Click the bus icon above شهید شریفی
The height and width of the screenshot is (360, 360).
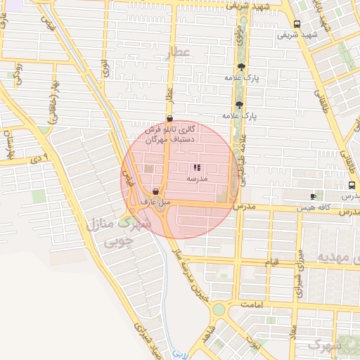[x=297, y=23]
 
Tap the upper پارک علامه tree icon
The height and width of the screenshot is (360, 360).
[x=241, y=67]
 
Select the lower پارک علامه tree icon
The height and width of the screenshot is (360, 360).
[x=240, y=105]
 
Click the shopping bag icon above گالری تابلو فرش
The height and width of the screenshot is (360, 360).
[x=169, y=118]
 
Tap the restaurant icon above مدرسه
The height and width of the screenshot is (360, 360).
[x=195, y=167]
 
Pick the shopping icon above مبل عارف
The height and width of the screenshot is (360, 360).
[x=155, y=191]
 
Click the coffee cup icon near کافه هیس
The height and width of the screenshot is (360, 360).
[x=313, y=196]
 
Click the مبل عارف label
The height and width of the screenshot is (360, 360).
[x=155, y=202]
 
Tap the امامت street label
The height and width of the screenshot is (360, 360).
[x=250, y=304]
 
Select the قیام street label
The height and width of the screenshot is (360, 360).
[x=271, y=262]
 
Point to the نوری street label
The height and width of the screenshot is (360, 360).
[x=106, y=68]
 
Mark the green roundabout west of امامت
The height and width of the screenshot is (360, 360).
[x=219, y=309]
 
